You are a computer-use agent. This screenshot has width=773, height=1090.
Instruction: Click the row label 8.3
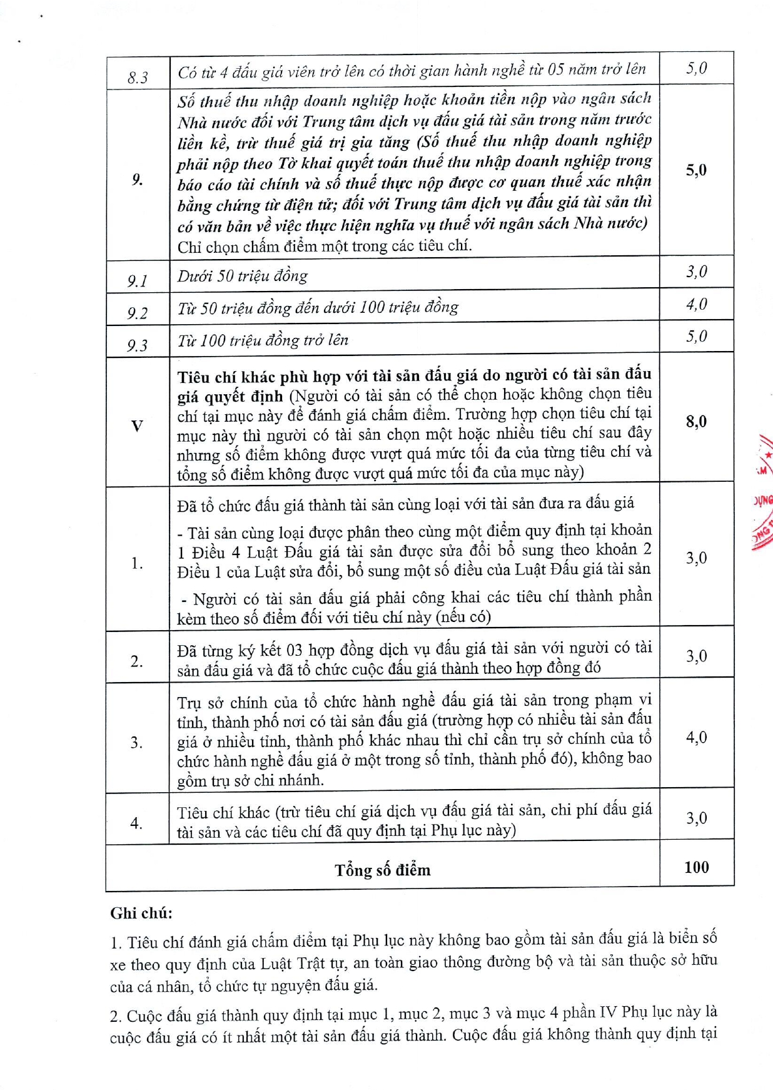point(138,78)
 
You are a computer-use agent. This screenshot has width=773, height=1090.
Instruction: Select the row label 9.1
point(138,280)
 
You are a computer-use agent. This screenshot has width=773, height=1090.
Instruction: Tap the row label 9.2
point(138,313)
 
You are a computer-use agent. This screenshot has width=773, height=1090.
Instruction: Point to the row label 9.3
point(138,345)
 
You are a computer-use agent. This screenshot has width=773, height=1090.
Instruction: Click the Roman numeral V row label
point(137,426)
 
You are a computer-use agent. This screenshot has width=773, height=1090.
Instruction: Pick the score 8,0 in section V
point(696,421)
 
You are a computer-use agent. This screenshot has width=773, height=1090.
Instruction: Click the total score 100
point(696,867)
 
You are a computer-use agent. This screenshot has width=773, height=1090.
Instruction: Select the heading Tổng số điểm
point(382,870)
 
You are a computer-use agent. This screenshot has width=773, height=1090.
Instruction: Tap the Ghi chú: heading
point(141,913)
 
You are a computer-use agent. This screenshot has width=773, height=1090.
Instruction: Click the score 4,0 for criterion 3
point(696,737)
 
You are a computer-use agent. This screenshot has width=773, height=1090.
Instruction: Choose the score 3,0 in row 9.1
point(696,272)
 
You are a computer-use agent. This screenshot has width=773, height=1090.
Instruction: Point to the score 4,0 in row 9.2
point(696,304)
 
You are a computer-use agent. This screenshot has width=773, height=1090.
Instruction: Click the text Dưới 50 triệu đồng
point(243,276)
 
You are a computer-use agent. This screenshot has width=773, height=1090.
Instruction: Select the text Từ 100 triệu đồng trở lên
point(263,340)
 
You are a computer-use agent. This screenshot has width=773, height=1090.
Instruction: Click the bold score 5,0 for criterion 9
point(696,170)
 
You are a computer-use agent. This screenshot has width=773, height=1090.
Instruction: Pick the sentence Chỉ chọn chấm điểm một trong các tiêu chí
point(325,246)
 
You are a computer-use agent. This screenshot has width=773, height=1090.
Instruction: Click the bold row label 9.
point(138,180)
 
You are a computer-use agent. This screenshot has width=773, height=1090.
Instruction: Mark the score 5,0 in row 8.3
point(696,68)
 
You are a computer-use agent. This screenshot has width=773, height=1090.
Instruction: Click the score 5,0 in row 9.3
point(696,337)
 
